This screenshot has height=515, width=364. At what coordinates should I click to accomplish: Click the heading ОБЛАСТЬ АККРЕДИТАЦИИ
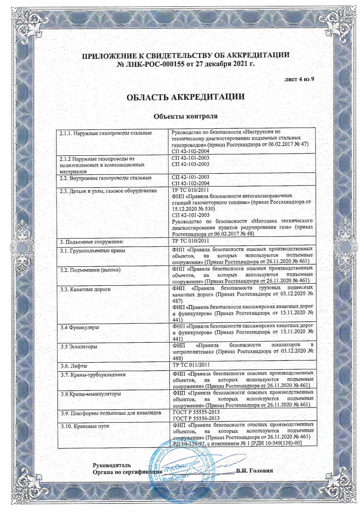(x=185, y=97)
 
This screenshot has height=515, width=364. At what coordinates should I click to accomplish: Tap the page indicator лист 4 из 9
(x=299, y=79)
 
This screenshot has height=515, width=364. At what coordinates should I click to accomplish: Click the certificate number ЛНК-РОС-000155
(x=150, y=64)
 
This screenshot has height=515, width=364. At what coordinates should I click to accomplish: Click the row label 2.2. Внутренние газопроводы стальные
(x=105, y=178)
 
